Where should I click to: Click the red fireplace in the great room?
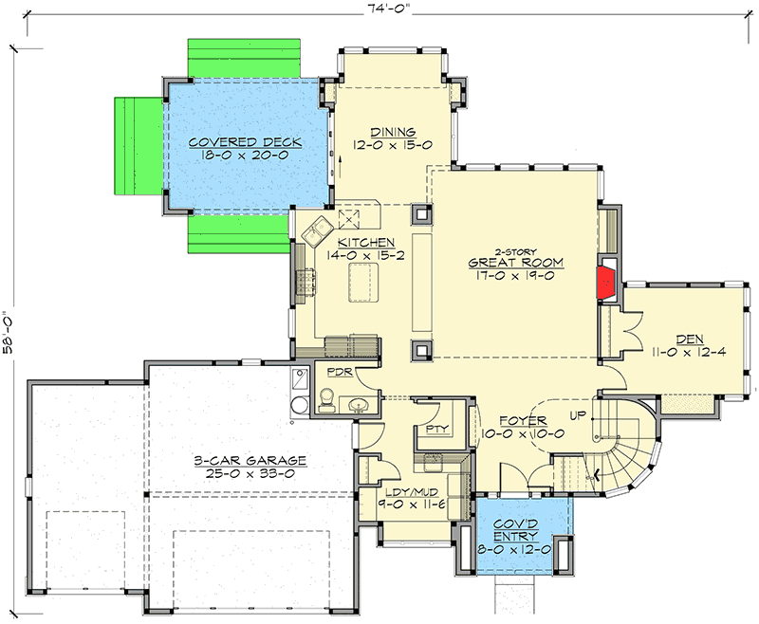click(x=604, y=282)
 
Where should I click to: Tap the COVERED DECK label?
click(x=244, y=142)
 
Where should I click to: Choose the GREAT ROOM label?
click(x=517, y=262)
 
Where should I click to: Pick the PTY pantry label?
click(x=436, y=430)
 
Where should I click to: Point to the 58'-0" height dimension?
click(x=9, y=329)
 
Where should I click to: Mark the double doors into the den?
click(x=625, y=335)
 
